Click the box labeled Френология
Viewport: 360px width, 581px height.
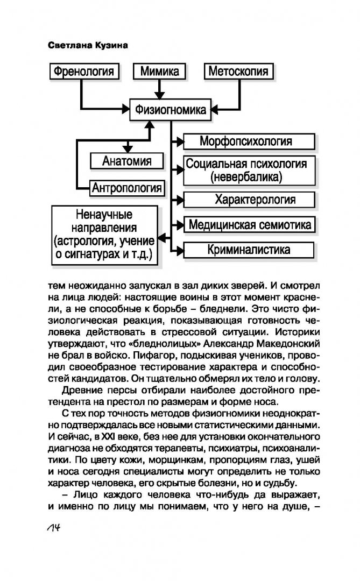[84, 71]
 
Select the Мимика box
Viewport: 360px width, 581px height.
[159, 71]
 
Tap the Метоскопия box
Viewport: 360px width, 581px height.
[238, 71]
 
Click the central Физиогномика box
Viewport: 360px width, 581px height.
[170, 110]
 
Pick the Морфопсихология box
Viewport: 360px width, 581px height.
[249, 141]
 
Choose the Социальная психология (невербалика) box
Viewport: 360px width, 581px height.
[249, 171]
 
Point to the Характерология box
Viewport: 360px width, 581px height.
[249, 200]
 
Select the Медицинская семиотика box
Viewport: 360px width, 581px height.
[249, 224]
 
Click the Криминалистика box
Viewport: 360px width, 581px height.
[249, 250]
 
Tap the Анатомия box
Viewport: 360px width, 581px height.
[127, 161]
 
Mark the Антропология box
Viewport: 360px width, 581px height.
[127, 188]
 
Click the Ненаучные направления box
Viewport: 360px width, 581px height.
[104, 235]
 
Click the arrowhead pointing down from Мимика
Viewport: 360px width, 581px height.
[159, 95]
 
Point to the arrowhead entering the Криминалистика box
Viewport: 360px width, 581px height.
[180, 250]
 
